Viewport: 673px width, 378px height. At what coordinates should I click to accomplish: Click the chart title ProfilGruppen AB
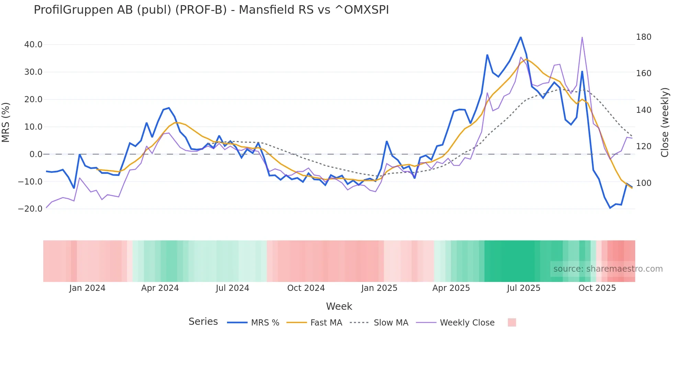click(x=211, y=10)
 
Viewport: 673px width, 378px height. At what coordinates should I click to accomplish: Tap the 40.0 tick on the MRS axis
click(x=33, y=45)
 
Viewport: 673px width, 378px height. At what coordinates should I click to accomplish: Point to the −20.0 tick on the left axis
click(x=30, y=209)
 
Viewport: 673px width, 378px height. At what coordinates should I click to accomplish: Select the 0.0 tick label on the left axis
click(x=36, y=154)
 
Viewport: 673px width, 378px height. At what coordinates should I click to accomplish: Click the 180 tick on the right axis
click(x=643, y=37)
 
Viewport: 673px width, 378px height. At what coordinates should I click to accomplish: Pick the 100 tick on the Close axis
click(x=643, y=183)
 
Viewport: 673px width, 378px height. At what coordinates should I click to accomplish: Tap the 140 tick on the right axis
click(x=643, y=110)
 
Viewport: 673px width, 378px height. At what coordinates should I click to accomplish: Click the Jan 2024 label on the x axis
click(x=87, y=288)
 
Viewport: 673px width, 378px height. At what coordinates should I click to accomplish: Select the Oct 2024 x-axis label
click(x=306, y=288)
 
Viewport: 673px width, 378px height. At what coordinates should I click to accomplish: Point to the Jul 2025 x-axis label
click(x=524, y=288)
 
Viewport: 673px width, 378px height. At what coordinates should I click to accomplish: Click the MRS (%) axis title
click(x=6, y=122)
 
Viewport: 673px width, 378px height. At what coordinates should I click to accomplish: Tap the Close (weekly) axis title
click(x=665, y=122)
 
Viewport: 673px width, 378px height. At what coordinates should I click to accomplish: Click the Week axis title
click(x=339, y=306)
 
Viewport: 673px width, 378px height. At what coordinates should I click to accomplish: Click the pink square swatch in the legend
click(x=512, y=322)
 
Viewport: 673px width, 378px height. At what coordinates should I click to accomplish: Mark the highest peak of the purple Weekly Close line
click(x=582, y=37)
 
